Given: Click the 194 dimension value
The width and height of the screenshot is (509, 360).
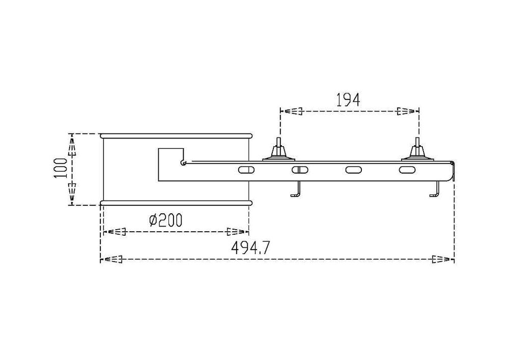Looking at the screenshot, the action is pyautogui.click(x=348, y=100).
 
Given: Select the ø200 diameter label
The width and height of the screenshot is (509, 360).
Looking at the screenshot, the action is pyautogui.click(x=165, y=220).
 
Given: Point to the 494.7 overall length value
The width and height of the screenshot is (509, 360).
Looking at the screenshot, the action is pyautogui.click(x=250, y=248).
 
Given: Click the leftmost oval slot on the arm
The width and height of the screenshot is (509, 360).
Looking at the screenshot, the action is pyautogui.click(x=247, y=169).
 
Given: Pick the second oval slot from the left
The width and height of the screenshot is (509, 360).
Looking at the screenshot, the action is pyautogui.click(x=300, y=169).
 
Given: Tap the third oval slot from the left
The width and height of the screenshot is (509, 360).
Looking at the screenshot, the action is pyautogui.click(x=354, y=169).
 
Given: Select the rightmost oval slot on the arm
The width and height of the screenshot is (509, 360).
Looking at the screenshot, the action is pyautogui.click(x=407, y=169).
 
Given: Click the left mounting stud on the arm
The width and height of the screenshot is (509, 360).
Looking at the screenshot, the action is pyautogui.click(x=278, y=150).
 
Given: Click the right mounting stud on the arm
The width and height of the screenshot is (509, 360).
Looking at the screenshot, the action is pyautogui.click(x=417, y=150).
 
